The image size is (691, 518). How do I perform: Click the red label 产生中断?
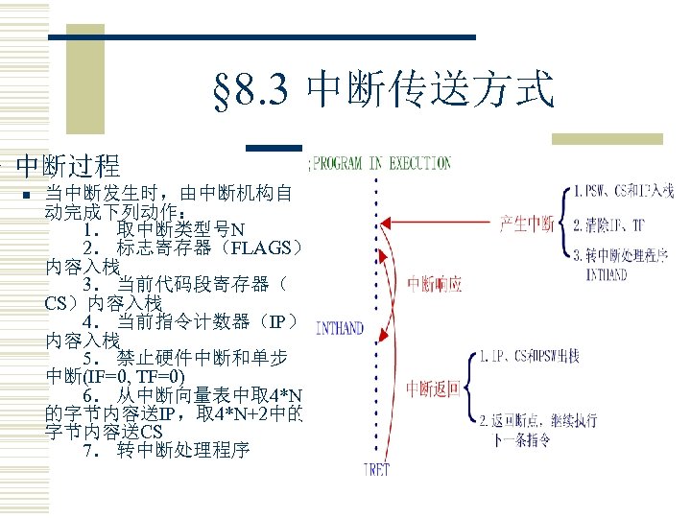(x=527, y=224)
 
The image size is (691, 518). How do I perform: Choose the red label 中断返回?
(x=433, y=388)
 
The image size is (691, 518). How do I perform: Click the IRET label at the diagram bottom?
(x=377, y=469)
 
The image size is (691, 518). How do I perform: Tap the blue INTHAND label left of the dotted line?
(x=338, y=328)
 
